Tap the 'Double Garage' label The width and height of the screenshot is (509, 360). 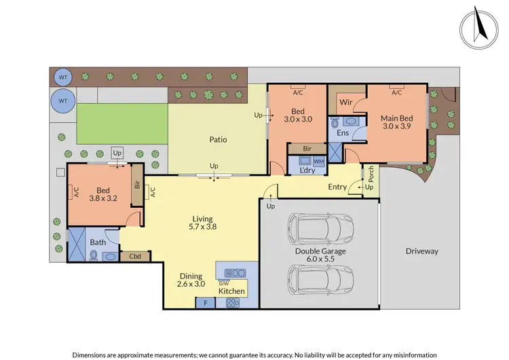[x=320, y=251]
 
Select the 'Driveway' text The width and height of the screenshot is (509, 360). [x=421, y=251]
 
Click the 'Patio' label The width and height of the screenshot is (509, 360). [x=217, y=140]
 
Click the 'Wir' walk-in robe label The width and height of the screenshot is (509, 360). [x=344, y=103]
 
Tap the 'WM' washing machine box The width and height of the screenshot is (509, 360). [x=318, y=161]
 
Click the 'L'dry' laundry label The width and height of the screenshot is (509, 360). [x=309, y=170]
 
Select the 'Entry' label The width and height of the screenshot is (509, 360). [x=337, y=187]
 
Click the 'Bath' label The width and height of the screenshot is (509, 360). [x=98, y=242]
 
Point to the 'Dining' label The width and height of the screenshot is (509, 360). [x=191, y=276]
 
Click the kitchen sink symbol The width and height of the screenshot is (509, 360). [x=231, y=269]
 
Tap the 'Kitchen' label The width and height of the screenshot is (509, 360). [x=231, y=291]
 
